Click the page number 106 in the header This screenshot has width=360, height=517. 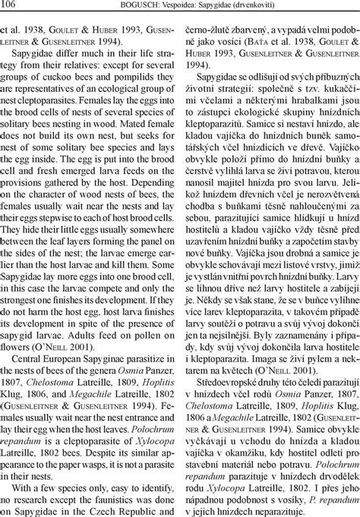coord(10,5)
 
